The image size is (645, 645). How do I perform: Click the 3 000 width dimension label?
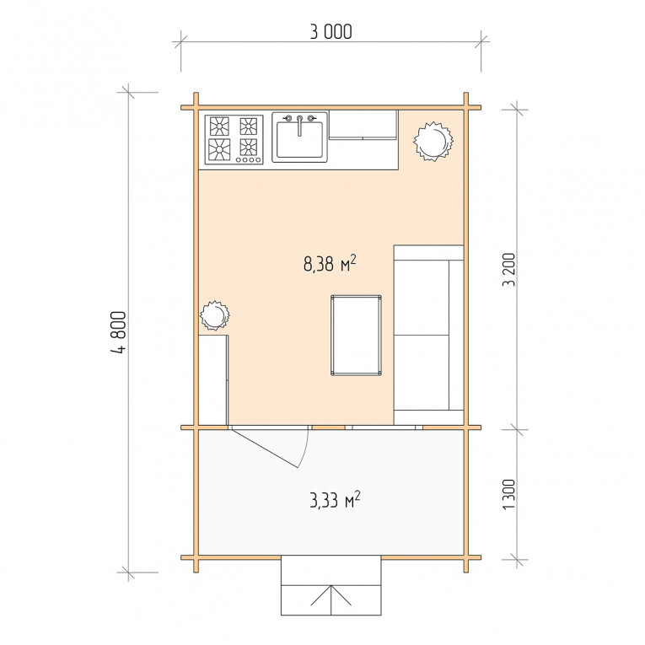(331, 32)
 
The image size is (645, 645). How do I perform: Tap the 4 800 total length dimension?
(119, 331)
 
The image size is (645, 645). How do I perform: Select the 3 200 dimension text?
(509, 270)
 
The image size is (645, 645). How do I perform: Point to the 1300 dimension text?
(509, 494)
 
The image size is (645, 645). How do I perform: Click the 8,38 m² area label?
(330, 264)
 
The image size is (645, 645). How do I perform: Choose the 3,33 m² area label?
(335, 500)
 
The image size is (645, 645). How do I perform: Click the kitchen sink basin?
(299, 139)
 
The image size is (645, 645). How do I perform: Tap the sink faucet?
(299, 125)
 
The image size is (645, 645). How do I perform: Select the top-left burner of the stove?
(219, 126)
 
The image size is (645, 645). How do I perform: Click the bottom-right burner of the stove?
(249, 147)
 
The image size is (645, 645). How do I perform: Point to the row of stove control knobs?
(249, 159)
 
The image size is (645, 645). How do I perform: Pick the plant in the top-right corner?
(433, 141)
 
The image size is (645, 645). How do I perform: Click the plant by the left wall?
(214, 315)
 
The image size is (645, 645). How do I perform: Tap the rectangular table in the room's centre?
(356, 336)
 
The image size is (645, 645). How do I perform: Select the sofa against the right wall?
(428, 335)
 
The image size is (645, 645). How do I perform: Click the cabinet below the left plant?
(213, 380)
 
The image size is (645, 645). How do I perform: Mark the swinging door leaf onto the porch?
(265, 449)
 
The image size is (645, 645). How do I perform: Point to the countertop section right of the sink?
(363, 125)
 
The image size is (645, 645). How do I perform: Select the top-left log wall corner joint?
(196, 108)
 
